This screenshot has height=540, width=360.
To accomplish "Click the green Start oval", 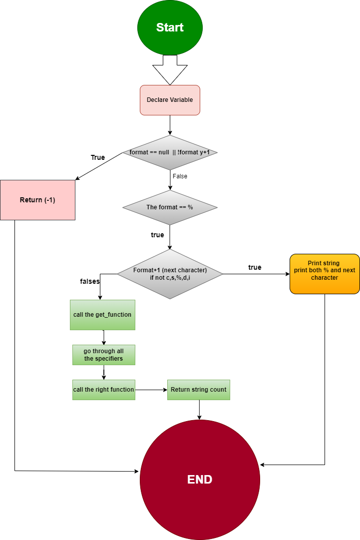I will pyautogui.click(x=170, y=27).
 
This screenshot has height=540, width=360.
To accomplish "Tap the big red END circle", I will pyautogui.click(x=200, y=480).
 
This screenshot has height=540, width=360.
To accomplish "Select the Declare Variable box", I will pyautogui.click(x=170, y=100).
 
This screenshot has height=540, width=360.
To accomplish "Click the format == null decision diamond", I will pyautogui.click(x=170, y=152).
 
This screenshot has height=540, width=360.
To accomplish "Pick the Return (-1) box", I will pyautogui.click(x=37, y=200).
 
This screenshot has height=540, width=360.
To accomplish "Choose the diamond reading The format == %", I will pyautogui.click(x=170, y=207).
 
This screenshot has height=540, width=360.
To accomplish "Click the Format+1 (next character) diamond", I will pyautogui.click(x=170, y=274).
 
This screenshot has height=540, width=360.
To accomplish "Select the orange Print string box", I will pyautogui.click(x=325, y=274).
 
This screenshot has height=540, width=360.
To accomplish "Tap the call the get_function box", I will pyautogui.click(x=102, y=315).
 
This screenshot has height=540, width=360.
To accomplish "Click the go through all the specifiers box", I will pyautogui.click(x=103, y=355).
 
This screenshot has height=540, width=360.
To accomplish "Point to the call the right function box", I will pyautogui.click(x=103, y=390).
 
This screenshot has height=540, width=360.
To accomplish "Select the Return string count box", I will pyautogui.click(x=199, y=390).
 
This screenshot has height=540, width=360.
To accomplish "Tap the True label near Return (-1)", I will pyautogui.click(x=98, y=157).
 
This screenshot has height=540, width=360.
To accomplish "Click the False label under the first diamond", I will pyautogui.click(x=180, y=176).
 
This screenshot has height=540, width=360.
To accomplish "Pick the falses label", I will pyautogui.click(x=90, y=281).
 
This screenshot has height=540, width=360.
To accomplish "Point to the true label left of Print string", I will pyautogui.click(x=255, y=267).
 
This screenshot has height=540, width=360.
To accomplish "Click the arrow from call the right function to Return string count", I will pyautogui.click(x=151, y=390).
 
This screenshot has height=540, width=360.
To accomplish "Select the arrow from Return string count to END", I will pyautogui.click(x=199, y=410).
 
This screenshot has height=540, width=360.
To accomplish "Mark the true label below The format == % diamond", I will pyautogui.click(x=157, y=235).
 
